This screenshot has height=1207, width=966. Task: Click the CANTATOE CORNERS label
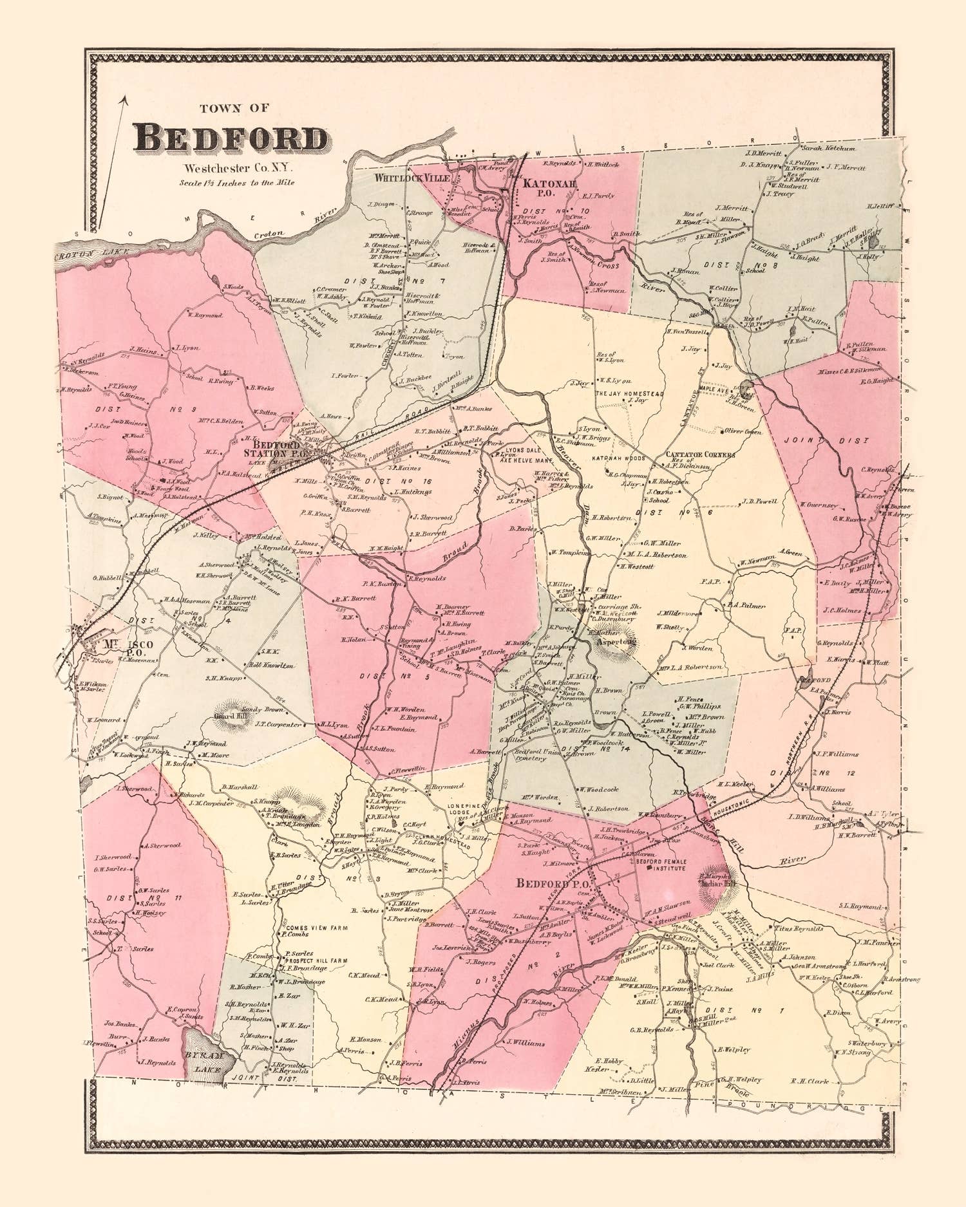click(700, 454)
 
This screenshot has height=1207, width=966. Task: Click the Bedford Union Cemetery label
click(518, 754)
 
